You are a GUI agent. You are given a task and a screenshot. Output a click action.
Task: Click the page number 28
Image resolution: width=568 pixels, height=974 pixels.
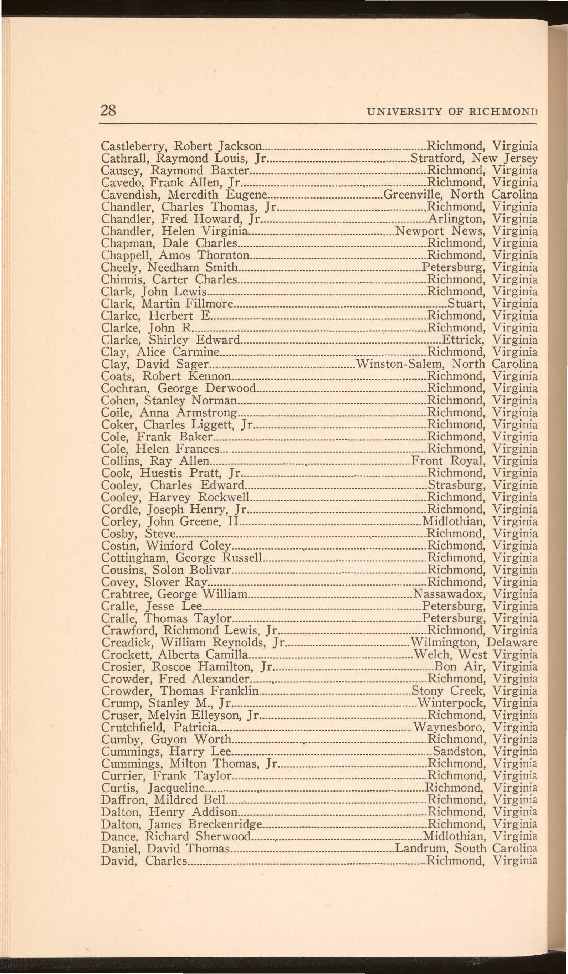(108, 111)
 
